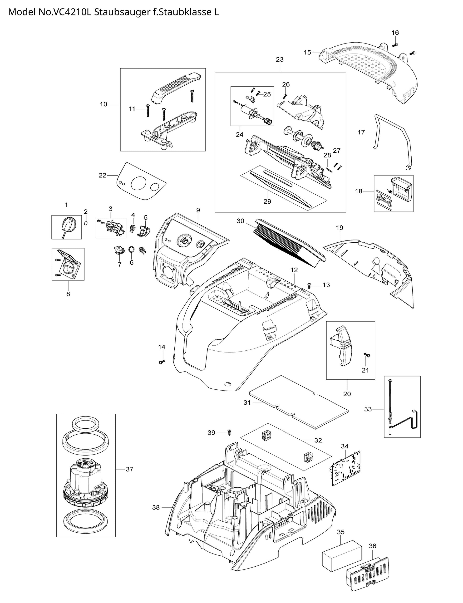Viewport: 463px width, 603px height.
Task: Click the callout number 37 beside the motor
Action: point(129,469)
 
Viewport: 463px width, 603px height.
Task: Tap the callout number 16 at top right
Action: point(395,33)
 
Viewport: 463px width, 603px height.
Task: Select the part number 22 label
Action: point(103,175)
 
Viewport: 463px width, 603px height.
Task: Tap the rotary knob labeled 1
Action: point(67,224)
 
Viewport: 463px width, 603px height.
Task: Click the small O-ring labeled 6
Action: point(132,249)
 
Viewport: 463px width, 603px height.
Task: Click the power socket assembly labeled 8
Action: point(68,265)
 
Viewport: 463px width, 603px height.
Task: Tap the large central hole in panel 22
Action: point(138,183)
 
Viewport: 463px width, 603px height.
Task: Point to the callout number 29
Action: point(267,201)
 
